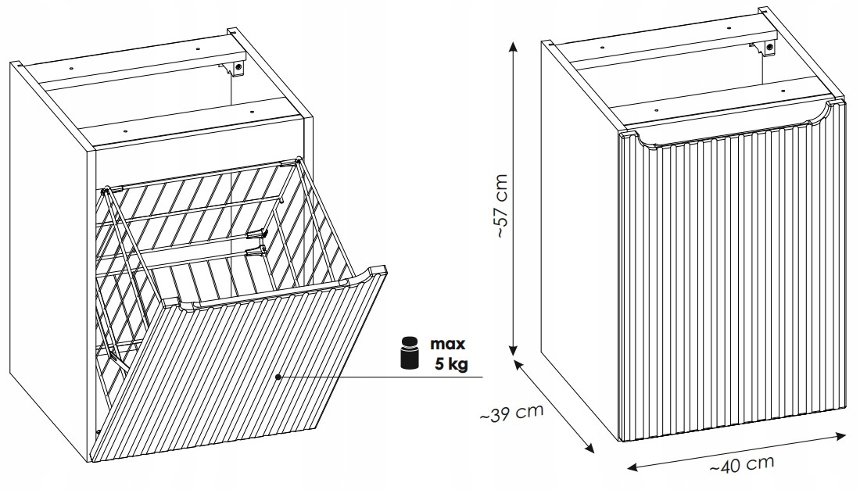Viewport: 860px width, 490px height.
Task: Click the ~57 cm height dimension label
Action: pyautogui.click(x=501, y=206)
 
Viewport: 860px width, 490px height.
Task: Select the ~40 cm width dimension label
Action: pyautogui.click(x=742, y=465)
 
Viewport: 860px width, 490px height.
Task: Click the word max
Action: pyautogui.click(x=447, y=344)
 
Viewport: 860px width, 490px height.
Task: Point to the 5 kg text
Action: pyautogui.click(x=451, y=363)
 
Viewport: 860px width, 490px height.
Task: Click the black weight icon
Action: pyautogui.click(x=409, y=352)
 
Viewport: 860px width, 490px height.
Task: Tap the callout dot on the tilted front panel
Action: pyautogui.click(x=278, y=377)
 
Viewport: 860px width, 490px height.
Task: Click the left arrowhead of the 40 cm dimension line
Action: pyautogui.click(x=632, y=467)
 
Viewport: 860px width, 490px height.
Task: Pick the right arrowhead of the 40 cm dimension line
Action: pyautogui.click(x=840, y=436)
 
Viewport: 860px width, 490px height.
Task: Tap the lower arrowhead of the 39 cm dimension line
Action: pyautogui.click(x=589, y=449)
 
